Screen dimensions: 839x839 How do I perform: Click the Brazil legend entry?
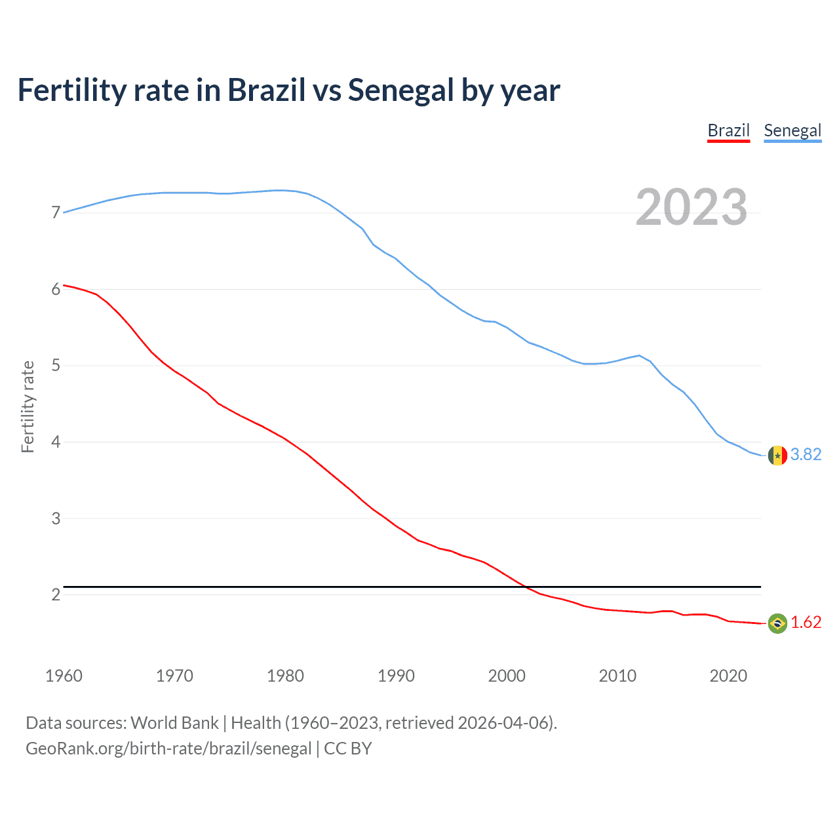(x=728, y=130)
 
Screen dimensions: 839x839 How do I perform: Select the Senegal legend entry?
(x=792, y=130)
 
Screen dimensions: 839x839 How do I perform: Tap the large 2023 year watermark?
(x=692, y=207)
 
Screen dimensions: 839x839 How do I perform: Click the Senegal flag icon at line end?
(x=777, y=455)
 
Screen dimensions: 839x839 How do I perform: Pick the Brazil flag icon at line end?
(x=777, y=623)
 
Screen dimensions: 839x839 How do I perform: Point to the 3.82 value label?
(x=806, y=454)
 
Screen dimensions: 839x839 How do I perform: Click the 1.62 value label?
(x=806, y=622)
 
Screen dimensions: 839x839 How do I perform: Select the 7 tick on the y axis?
(x=56, y=212)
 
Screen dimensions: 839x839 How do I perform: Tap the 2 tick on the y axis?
(x=56, y=595)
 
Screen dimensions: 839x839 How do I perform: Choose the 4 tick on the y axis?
(x=56, y=442)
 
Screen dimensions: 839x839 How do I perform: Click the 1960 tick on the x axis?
(x=64, y=676)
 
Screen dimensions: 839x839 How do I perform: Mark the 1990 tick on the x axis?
(x=396, y=676)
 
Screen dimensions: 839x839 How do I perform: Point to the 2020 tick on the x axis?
(x=728, y=676)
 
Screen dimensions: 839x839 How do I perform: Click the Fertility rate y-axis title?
(x=28, y=406)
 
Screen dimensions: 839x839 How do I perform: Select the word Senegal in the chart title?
(x=400, y=90)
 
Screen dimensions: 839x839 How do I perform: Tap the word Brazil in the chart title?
(x=266, y=90)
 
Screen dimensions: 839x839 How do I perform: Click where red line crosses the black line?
(x=526, y=587)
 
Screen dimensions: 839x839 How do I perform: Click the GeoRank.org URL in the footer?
(x=168, y=749)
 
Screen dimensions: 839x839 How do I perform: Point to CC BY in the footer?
(x=348, y=749)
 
